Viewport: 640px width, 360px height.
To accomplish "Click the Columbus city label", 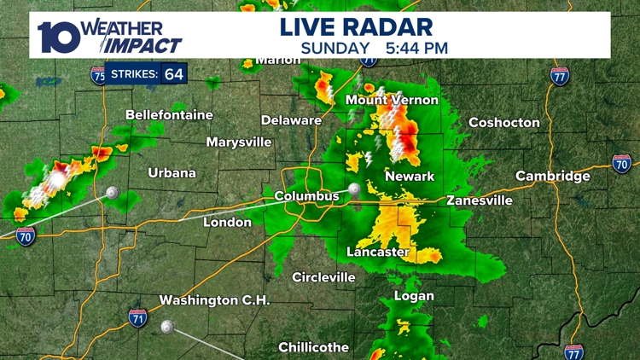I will click(306, 196).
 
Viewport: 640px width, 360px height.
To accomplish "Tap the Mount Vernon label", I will click(392, 100).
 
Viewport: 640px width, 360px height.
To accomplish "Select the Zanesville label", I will click(480, 200).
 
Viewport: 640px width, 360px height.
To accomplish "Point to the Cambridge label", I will click(553, 176).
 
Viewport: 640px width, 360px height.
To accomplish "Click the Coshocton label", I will click(504, 122).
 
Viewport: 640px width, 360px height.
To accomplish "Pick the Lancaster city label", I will click(378, 252).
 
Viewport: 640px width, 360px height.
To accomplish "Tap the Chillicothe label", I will click(313, 347).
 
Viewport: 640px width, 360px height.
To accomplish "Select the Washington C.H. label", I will click(214, 300).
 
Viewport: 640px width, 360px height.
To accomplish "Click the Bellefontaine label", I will click(169, 114).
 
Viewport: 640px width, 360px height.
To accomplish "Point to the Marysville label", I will click(240, 142).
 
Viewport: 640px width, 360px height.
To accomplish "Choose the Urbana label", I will click(172, 172).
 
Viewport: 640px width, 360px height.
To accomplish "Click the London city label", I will click(227, 222).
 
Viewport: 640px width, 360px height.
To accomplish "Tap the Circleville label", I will click(323, 277).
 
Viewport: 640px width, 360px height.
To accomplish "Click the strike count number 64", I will click(174, 74).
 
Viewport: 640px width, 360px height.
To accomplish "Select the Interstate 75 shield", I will click(98, 75).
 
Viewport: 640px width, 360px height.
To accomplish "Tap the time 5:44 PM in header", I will click(416, 48).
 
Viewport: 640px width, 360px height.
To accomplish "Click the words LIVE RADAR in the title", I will click(356, 26).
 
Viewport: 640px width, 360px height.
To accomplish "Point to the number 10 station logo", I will click(58, 36).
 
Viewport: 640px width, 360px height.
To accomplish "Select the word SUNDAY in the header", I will click(335, 48).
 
